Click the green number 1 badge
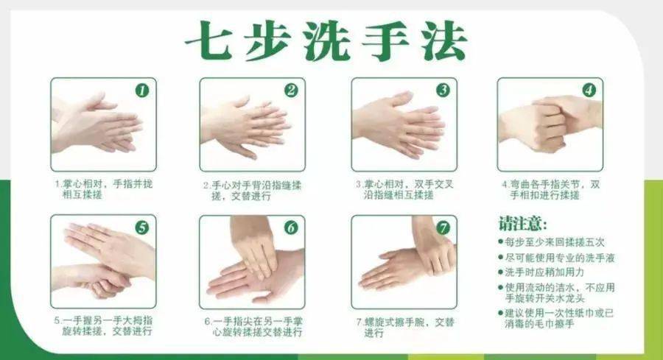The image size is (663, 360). click(142, 91)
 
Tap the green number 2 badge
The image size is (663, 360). click(291, 91)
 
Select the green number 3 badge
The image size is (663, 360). click(443, 90)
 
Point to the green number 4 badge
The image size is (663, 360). click(589, 90)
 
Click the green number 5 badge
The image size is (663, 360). click(142, 227)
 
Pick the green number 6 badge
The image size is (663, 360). click(291, 227)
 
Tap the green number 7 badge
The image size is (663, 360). click(443, 227)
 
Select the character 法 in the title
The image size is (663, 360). click(444, 40)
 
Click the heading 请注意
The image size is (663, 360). click(522, 224)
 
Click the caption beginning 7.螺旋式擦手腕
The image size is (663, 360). click(405, 327)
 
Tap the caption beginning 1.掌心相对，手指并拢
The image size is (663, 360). click(103, 189)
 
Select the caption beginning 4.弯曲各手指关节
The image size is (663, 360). click(551, 190)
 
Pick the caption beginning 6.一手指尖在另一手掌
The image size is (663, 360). click(253, 327)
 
